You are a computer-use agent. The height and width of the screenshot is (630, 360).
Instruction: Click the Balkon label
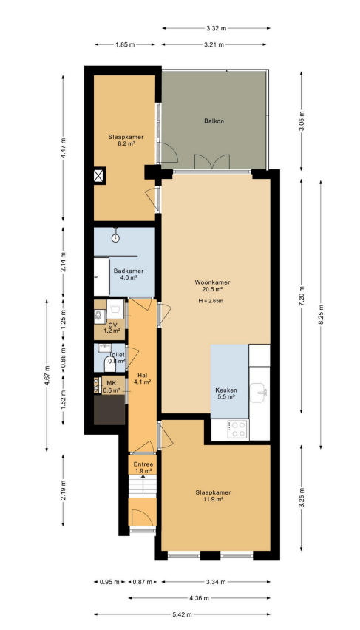coord(214,121)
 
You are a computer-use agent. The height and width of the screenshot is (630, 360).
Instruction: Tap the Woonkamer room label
coord(213,282)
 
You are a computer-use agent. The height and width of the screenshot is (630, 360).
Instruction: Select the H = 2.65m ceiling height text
coord(211,300)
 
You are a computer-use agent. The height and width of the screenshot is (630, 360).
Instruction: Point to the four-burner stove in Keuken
coord(237,429)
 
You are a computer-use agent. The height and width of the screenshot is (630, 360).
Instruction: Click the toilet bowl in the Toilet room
coord(109,365)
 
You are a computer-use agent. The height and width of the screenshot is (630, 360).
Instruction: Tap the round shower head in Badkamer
coord(116,237)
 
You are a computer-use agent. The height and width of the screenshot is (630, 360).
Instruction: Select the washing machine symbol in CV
coord(116,309)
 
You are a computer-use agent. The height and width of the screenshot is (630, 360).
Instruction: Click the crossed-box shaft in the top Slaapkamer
coord(99,175)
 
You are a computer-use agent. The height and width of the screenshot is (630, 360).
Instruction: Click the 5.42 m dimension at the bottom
coord(182,614)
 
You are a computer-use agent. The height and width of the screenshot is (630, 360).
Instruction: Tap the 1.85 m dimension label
coord(125,44)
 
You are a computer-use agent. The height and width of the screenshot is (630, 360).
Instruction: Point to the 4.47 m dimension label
coord(63,149)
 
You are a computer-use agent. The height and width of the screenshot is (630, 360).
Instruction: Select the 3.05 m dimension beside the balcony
coord(302,121)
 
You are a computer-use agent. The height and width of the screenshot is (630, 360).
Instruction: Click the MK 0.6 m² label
coord(112,387)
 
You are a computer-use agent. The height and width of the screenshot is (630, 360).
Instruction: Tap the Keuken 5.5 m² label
coord(225,393)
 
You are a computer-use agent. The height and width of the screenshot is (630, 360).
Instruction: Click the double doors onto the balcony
coord(212,161)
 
